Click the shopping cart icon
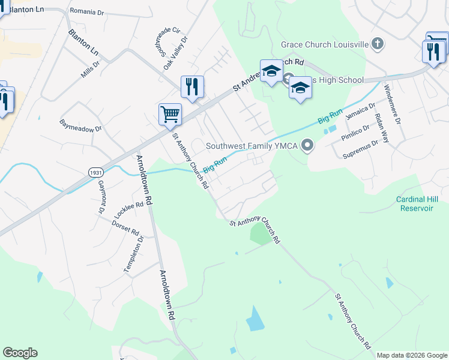[x=170, y=114]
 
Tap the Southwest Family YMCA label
[x=252, y=145]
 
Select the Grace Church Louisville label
[x=324, y=44]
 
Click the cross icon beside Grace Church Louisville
[x=377, y=43]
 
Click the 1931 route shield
[x=95, y=172]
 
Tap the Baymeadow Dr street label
[x=81, y=127]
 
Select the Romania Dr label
[x=88, y=11]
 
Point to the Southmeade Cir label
[x=167, y=37]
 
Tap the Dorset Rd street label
[x=125, y=227]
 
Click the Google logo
[x=20, y=353]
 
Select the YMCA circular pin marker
[x=308, y=145]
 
